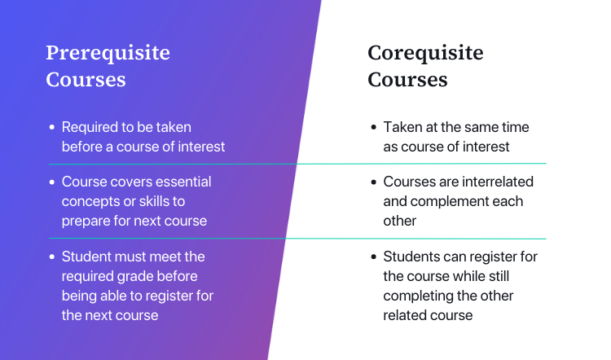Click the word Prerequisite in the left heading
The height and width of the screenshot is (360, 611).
tap(108, 54)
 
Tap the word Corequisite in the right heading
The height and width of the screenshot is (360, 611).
tap(425, 54)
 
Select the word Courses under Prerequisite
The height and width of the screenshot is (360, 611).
tap(86, 80)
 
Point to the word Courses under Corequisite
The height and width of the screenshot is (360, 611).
tap(407, 80)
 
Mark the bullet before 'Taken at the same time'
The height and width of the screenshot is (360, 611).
tap(374, 128)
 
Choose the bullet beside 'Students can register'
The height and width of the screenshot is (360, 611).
tap(374, 257)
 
